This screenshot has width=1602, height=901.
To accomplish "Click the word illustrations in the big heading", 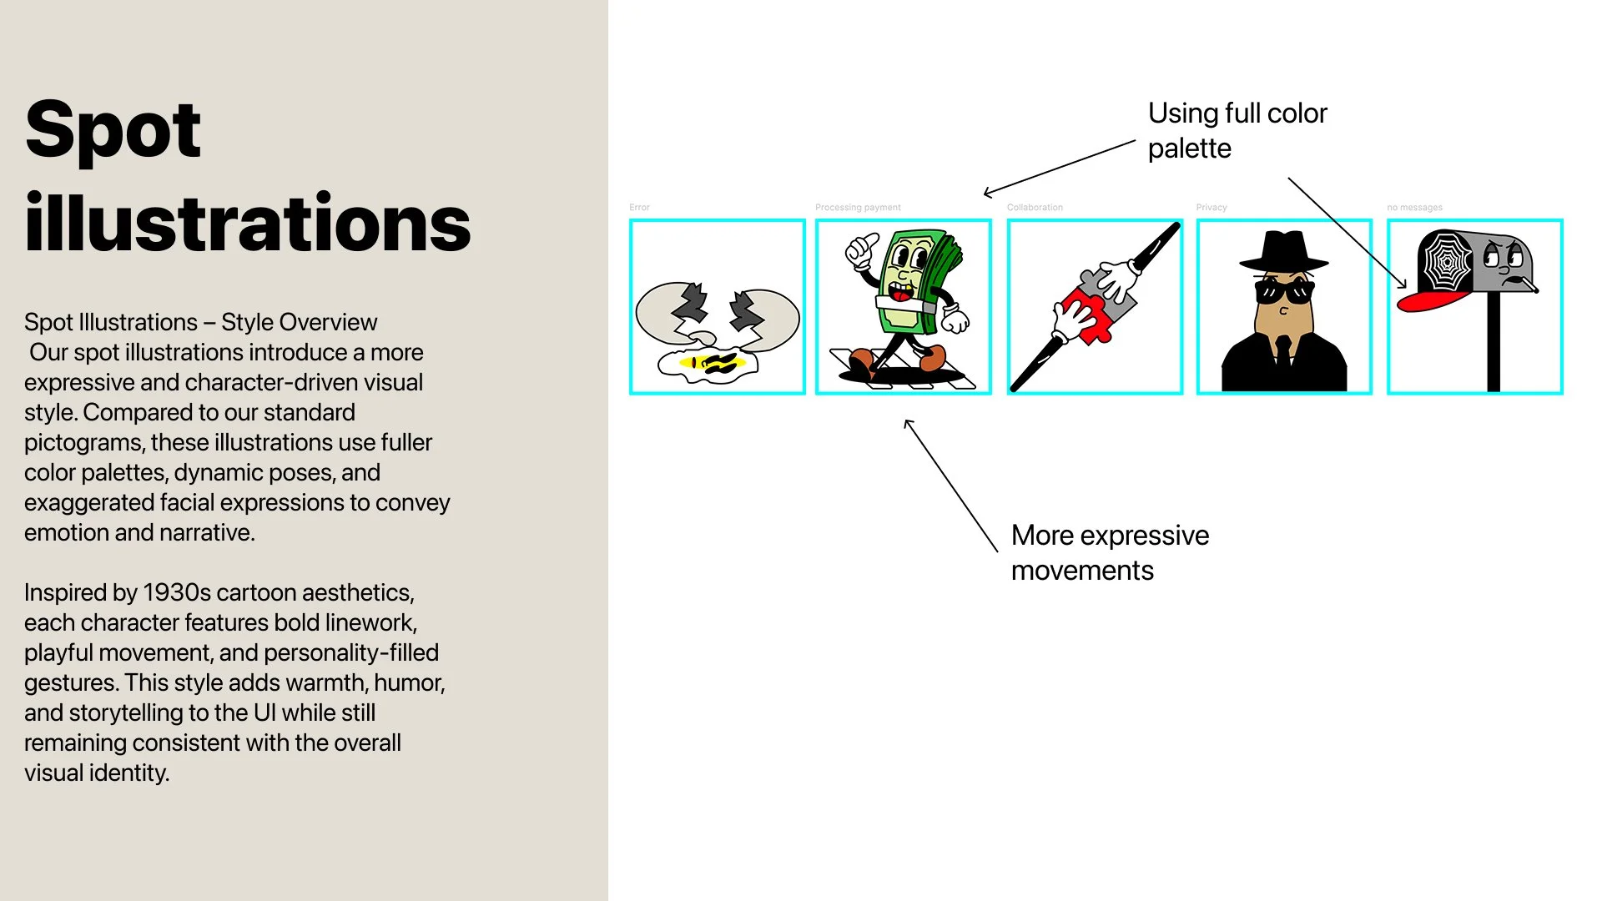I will pyautogui.click(x=247, y=223).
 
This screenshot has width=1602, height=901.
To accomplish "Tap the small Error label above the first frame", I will pyautogui.click(x=639, y=207).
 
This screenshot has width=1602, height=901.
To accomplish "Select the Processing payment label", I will pyautogui.click(x=858, y=207).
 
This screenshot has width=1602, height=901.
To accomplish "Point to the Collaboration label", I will pyautogui.click(x=1035, y=207).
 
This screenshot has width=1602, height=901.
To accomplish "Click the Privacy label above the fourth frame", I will pyautogui.click(x=1211, y=207).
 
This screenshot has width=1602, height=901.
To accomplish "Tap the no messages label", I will pyautogui.click(x=1414, y=207).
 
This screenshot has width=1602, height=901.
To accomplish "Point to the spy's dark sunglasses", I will pyautogui.click(x=1284, y=292).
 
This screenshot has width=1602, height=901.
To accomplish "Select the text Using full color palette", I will pyautogui.click(x=1237, y=130).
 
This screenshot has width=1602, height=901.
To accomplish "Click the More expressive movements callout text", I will pyautogui.click(x=1109, y=552).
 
